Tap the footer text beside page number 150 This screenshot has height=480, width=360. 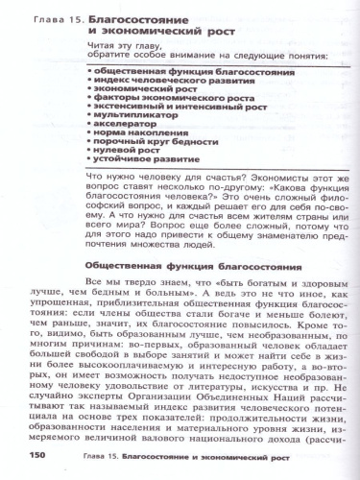pyautogui.click(x=173, y=455)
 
